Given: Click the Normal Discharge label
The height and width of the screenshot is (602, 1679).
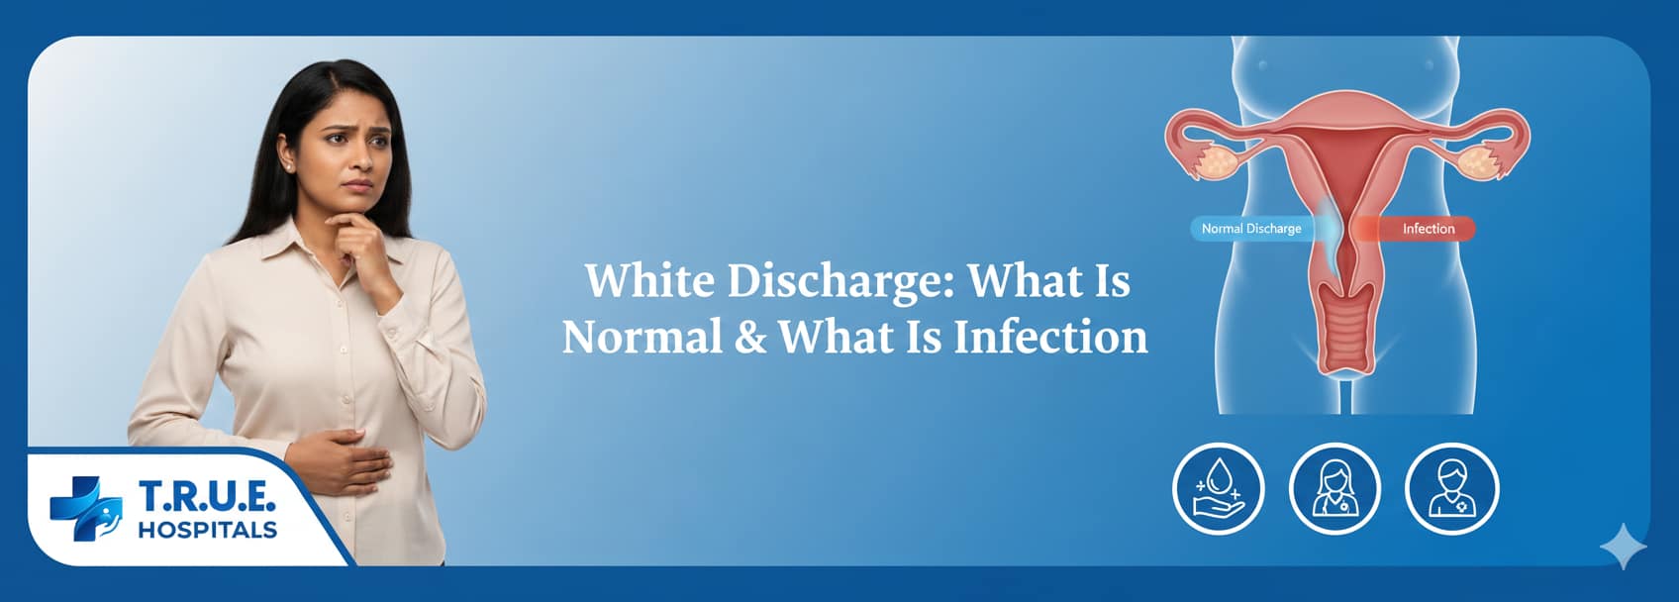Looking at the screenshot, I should [1251, 229].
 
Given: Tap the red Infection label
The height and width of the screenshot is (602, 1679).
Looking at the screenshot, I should [1428, 229].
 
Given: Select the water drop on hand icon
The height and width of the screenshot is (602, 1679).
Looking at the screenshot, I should [1218, 488].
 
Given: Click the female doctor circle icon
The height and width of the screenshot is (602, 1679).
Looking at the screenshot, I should [1334, 488].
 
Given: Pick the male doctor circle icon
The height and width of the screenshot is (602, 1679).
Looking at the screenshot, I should [1451, 488].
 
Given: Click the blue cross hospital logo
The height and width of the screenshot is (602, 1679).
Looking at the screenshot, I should [85, 508].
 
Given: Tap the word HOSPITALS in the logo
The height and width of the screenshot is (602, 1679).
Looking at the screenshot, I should [207, 530].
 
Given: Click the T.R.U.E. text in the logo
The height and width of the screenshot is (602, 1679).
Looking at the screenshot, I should [207, 495].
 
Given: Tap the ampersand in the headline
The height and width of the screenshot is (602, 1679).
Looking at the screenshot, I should [751, 338].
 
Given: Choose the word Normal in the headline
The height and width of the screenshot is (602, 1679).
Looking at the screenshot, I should [642, 338].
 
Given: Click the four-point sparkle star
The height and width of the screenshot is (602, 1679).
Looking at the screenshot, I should [1624, 547].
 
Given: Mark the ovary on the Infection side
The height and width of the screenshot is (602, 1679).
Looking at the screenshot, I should [1475, 161].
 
